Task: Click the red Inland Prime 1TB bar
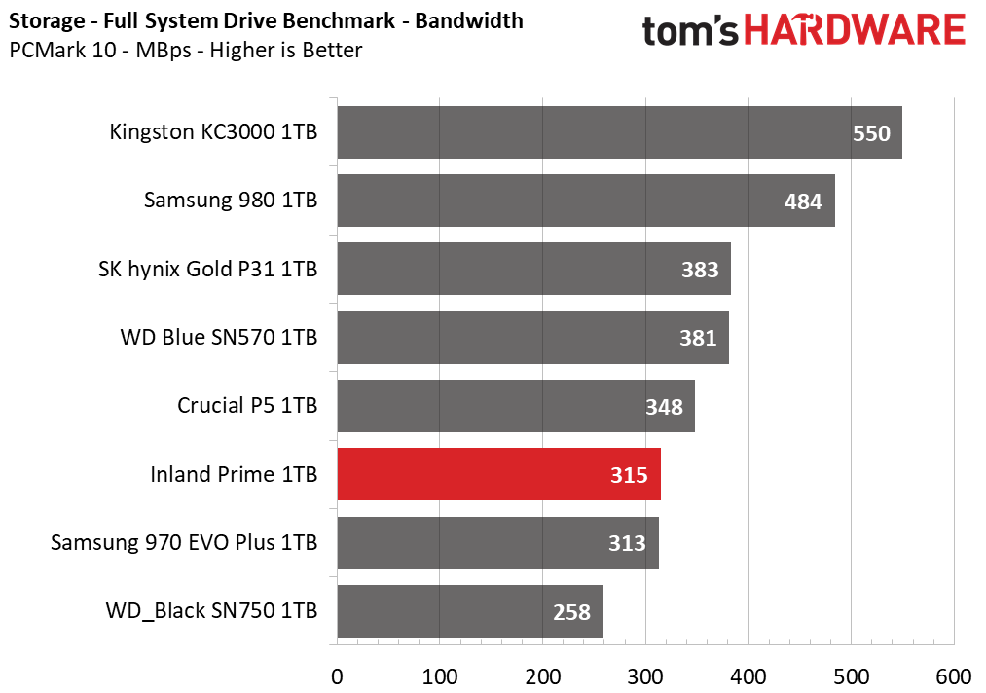[498, 474]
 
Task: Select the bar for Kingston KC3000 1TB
[619, 132]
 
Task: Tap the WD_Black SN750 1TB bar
[470, 611]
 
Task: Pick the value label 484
[803, 201]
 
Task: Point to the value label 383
[700, 270]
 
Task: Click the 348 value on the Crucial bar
[664, 407]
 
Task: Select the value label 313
[627, 543]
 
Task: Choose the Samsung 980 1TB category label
[231, 200]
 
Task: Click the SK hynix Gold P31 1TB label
[208, 270]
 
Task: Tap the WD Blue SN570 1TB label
[219, 337]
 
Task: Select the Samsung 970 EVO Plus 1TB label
[184, 542]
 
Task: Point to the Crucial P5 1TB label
[247, 406]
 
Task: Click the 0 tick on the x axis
[337, 677]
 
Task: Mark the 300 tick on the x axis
[645, 677]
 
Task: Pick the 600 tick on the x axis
[954, 677]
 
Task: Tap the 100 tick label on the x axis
[440, 677]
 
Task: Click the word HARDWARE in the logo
[855, 30]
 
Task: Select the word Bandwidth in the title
[469, 20]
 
